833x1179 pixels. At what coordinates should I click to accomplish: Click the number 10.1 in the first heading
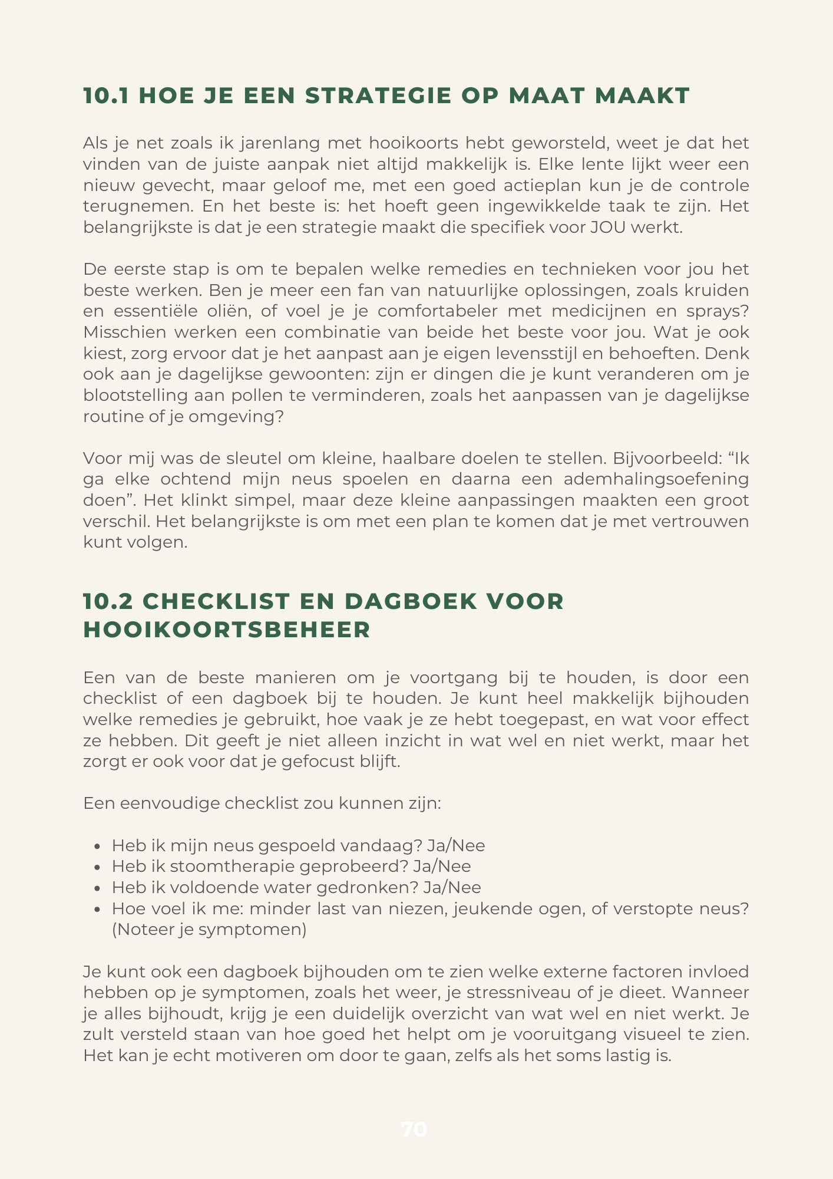click(105, 96)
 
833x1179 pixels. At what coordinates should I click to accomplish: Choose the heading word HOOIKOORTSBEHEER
click(227, 630)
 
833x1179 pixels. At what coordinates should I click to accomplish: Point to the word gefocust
click(319, 762)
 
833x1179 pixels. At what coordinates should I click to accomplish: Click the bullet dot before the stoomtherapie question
click(98, 867)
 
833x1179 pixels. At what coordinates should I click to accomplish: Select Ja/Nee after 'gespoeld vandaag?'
click(456, 846)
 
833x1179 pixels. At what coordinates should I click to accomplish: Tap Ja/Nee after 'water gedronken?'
click(452, 888)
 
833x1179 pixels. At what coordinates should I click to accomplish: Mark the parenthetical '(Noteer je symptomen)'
click(209, 930)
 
